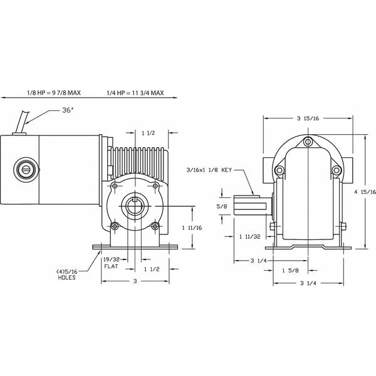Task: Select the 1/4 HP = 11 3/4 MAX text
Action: (x=135, y=93)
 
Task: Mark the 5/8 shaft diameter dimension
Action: (x=221, y=205)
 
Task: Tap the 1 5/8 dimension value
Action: (x=291, y=270)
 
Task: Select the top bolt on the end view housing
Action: (x=307, y=142)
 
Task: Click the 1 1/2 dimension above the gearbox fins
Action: (x=149, y=133)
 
